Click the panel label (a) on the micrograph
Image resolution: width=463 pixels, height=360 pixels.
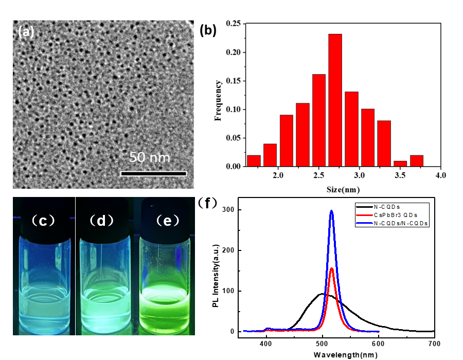coord(26,32)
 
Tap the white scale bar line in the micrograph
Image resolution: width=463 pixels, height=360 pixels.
coord(153,174)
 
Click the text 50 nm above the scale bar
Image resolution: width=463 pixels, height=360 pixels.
coord(149,157)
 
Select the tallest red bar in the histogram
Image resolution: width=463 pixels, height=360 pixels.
coord(335,100)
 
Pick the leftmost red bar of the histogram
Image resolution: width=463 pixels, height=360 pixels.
coord(254,161)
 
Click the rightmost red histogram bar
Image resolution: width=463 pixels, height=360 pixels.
coord(417,161)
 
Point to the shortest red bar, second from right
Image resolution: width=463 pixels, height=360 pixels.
coord(400,164)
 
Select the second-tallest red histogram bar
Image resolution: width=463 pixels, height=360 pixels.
coord(319,120)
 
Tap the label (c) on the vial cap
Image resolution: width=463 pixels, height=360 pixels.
coord(43,221)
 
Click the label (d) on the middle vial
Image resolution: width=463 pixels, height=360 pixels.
coord(101,221)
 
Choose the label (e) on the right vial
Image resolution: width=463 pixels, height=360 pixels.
coord(168,221)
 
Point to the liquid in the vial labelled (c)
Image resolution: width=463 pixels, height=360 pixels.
coord(43,309)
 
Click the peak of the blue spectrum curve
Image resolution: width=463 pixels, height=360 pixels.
coord(332,210)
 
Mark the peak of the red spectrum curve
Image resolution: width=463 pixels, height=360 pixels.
coord(332,268)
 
